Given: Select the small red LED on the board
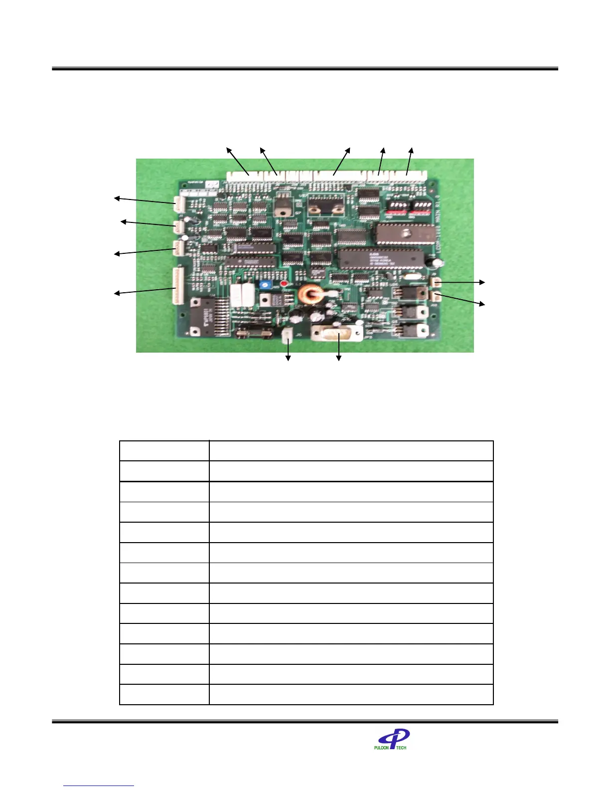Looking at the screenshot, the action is (x=284, y=284).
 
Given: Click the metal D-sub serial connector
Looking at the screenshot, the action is (x=337, y=332).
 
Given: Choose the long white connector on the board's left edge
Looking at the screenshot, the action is (x=178, y=286).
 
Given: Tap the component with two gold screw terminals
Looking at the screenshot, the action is (x=326, y=203).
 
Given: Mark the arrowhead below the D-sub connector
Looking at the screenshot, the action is (x=339, y=358).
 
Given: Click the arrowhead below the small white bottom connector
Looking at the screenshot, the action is (x=288, y=358).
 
